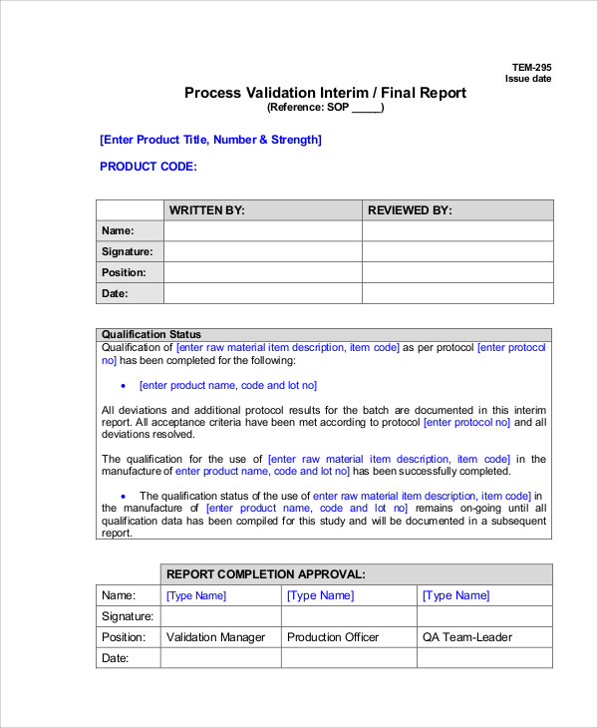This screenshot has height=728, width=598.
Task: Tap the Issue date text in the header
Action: pos(528,79)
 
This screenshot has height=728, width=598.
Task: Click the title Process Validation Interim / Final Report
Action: pos(325,93)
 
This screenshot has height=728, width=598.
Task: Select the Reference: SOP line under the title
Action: pos(325,108)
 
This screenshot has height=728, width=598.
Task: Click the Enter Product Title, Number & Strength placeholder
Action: pos(210,140)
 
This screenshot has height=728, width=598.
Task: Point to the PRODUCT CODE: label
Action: pos(149,167)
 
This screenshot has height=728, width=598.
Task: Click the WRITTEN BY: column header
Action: pos(207,210)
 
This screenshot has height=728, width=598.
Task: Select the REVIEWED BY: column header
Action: pos(410,210)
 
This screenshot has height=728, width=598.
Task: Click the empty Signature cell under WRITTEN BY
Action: pos(262,251)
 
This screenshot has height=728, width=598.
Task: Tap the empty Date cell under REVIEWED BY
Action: pos(457,293)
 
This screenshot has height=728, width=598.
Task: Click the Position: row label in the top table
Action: pos(124,272)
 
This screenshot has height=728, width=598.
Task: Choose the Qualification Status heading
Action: pos(151,334)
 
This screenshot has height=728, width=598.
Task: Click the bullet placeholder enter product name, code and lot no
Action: pos(228,385)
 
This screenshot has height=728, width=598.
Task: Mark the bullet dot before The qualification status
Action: pos(123,496)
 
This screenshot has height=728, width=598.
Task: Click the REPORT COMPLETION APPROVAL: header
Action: pos(265,574)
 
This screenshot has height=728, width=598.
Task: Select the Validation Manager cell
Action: pos(216,637)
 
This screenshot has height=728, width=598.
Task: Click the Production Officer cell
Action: pos(333,637)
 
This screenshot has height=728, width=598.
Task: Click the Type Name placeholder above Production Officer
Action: pos(320,595)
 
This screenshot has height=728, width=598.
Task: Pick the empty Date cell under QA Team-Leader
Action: pos(484,658)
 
